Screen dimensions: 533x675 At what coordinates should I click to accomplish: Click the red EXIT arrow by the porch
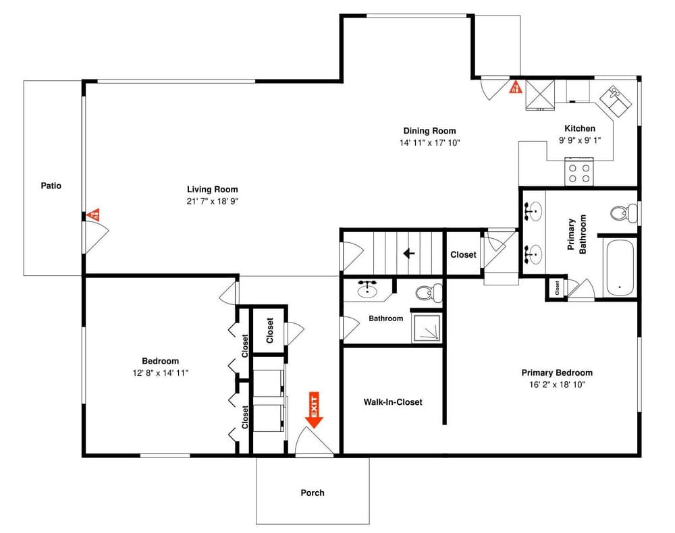click(314, 410)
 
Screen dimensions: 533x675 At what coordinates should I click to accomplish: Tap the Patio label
click(51, 185)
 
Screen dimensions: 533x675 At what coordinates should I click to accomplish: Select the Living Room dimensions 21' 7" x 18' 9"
click(213, 201)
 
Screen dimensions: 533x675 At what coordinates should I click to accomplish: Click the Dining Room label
click(429, 131)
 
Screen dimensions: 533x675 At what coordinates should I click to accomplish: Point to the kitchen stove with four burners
click(579, 171)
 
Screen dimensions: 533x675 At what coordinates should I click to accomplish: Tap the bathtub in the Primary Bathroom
click(619, 268)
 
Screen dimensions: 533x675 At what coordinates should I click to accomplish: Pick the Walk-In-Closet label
click(393, 402)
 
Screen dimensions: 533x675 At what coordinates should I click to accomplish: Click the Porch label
click(312, 493)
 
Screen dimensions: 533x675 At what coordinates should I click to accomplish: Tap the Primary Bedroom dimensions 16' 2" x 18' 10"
click(557, 385)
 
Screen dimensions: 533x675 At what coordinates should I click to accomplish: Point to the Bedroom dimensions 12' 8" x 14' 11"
click(160, 372)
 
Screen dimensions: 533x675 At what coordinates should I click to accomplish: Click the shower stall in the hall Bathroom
click(427, 327)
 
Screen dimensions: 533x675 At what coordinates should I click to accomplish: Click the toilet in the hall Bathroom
click(427, 293)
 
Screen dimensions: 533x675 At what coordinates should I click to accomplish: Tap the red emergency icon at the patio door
click(94, 215)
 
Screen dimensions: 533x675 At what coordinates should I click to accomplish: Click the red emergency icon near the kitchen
click(514, 88)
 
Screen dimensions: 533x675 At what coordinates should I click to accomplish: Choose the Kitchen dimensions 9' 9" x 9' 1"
click(580, 140)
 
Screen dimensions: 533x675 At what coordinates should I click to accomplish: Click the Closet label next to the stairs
click(463, 255)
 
